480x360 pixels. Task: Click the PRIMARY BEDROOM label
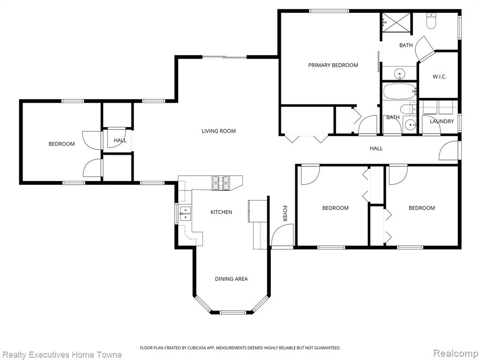tap(333, 65)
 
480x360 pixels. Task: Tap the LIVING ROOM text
tap(218, 131)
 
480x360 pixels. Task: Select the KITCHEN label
tap(221, 212)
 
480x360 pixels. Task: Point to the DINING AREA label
tap(231, 279)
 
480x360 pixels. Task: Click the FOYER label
tap(285, 213)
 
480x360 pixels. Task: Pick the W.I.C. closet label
tap(439, 76)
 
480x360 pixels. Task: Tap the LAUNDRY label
tap(442, 121)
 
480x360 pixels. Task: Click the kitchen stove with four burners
tap(221, 183)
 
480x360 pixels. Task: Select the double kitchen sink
tap(185, 214)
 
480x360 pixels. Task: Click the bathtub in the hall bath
tap(399, 91)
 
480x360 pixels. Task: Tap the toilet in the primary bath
tap(431, 21)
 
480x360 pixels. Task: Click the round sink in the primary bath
tap(399, 74)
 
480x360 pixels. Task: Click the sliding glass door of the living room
tap(225, 57)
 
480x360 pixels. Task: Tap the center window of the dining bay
tap(232, 313)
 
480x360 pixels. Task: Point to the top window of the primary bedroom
tap(329, 11)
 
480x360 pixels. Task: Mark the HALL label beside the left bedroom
tap(120, 140)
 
